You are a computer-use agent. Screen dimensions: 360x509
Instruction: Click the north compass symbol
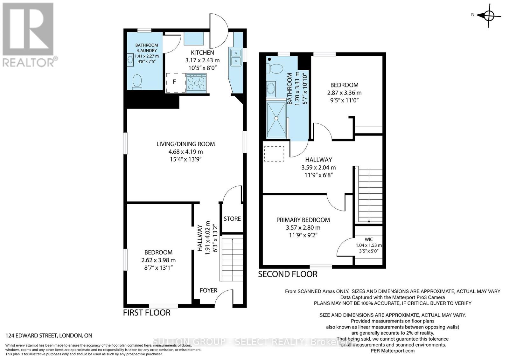point(489,15)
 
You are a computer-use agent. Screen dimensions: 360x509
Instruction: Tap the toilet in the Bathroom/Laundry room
point(137,81)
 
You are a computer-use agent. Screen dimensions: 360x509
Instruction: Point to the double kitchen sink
point(236,57)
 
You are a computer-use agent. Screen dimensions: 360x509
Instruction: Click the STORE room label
point(232,219)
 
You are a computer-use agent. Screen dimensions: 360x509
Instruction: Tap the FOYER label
point(208,290)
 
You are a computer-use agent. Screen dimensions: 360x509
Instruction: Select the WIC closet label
point(369,239)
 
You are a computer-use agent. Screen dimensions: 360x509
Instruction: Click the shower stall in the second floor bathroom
point(276,119)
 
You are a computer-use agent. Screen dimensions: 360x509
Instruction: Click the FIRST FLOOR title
point(147,313)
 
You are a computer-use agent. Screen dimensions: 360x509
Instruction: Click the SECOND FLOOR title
point(288,274)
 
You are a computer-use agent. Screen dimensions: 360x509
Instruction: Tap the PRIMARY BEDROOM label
point(303,220)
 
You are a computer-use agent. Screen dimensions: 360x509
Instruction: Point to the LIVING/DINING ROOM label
point(185,144)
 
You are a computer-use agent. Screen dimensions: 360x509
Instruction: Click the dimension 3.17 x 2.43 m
point(202,60)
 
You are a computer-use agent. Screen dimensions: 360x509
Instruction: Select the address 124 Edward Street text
point(49,336)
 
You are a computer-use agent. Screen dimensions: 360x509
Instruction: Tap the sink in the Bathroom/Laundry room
point(130,59)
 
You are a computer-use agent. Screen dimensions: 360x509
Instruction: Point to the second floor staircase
point(370,196)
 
